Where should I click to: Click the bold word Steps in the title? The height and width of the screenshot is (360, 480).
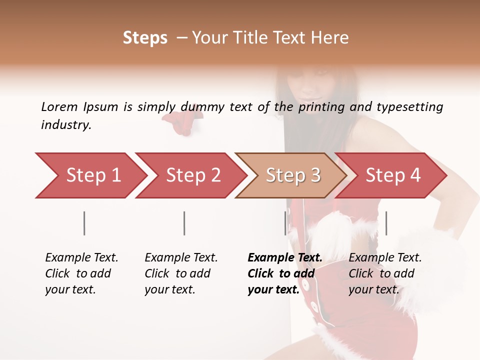coord(145,38)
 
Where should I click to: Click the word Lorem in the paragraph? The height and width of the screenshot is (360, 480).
coord(59,106)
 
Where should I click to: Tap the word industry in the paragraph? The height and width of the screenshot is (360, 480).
coord(66,125)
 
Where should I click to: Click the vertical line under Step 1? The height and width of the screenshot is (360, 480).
coord(84,223)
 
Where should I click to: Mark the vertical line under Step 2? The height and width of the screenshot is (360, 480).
coord(184,223)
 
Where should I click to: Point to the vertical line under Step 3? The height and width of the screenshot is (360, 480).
coord(285,223)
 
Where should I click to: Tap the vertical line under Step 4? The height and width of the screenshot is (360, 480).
coord(386,223)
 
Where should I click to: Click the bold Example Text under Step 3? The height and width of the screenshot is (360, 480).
coord(285,258)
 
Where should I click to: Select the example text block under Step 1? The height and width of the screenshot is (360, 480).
coord(81,273)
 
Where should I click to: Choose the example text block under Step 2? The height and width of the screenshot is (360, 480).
coord(181,273)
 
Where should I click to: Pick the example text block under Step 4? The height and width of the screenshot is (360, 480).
coord(385,273)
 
